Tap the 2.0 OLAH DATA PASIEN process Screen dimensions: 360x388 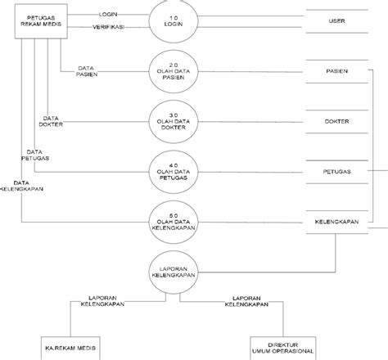point(171,72)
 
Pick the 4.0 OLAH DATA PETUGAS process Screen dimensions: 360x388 point(171,171)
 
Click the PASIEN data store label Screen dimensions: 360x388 point(337,72)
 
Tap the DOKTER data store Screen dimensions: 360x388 point(337,122)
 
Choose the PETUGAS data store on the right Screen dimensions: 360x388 point(337,172)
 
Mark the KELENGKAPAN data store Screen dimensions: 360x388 point(337,223)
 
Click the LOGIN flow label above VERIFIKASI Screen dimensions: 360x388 point(106,15)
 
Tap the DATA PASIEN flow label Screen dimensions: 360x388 point(89,71)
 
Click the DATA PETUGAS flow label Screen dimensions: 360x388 point(34,155)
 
